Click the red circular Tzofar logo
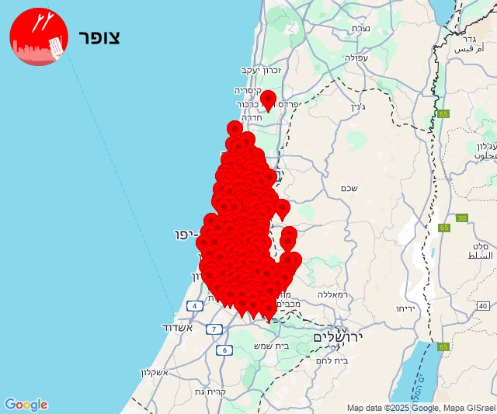coord(39,37)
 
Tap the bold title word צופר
coord(99,37)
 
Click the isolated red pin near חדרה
coord(269,99)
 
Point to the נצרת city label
coord(360,28)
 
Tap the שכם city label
coord(349,188)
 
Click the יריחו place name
coord(408,308)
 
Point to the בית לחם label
coord(332,360)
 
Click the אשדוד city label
coord(177,327)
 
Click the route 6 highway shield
coord(225,350)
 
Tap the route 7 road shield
coord(212,329)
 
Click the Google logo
coord(26,405)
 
